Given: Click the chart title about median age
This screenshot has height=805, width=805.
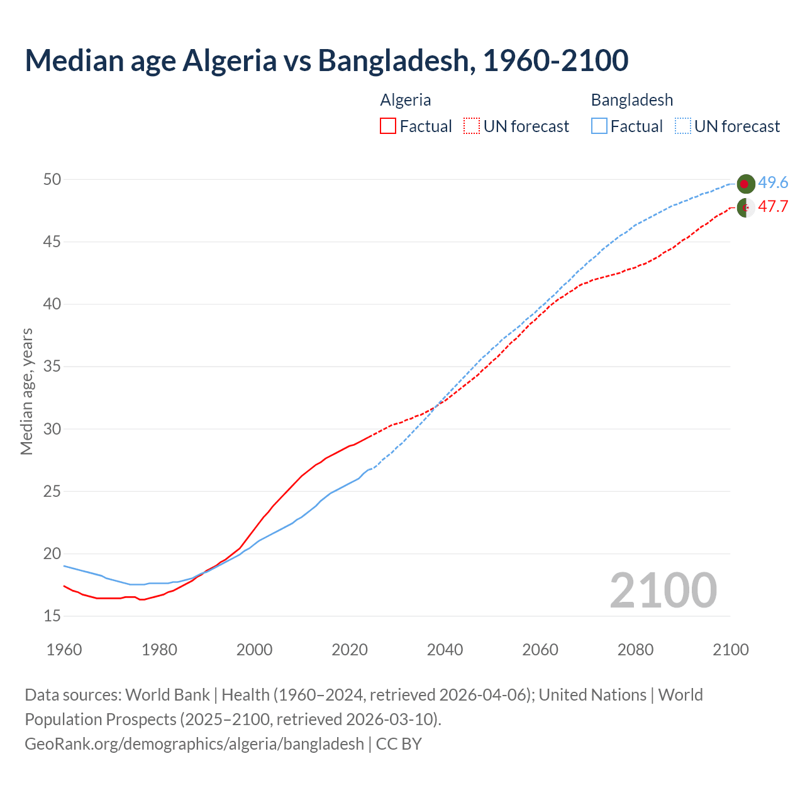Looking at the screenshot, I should (326, 60).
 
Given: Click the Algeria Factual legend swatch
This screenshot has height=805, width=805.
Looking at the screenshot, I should (388, 126).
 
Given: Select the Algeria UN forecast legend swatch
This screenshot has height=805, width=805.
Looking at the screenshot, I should (472, 126).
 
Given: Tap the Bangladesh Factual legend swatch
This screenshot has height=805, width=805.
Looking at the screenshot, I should (599, 126).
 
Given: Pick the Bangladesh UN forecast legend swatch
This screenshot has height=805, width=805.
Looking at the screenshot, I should (683, 126).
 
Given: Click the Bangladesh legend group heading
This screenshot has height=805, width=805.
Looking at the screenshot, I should (631, 100).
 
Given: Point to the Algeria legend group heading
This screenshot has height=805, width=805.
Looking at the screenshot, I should (406, 100).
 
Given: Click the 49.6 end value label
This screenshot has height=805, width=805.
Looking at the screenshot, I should (773, 182).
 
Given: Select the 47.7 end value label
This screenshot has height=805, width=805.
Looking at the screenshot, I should (773, 206).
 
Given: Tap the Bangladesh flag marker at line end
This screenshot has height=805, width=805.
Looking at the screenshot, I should (746, 184).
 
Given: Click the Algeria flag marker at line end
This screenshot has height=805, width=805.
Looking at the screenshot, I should (746, 208).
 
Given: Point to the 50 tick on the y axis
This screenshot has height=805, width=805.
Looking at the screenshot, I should (52, 180).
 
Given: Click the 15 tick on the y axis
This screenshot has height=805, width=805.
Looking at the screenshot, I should (52, 616).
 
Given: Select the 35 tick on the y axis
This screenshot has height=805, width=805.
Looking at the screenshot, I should (52, 367).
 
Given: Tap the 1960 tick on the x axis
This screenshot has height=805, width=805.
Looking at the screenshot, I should (64, 650).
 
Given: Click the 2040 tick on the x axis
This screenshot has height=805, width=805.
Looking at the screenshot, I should (445, 650).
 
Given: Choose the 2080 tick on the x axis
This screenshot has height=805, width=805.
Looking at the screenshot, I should (635, 650).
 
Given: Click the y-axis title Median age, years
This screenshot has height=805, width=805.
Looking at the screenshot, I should (26, 391).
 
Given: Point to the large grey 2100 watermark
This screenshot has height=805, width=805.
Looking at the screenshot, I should (663, 590).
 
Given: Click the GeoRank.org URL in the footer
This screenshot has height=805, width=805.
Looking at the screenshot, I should (194, 744).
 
